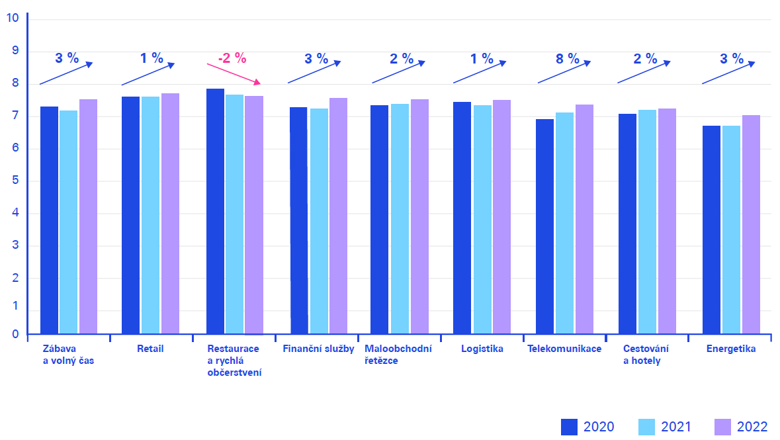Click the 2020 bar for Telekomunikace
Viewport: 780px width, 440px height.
(x=545, y=226)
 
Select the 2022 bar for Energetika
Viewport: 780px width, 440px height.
(x=751, y=224)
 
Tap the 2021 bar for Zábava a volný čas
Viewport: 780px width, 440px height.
(x=69, y=222)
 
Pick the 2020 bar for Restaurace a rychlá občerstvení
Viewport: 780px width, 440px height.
(x=215, y=211)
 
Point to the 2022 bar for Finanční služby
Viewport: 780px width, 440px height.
(x=338, y=216)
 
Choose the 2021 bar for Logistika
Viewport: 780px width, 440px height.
(x=482, y=219)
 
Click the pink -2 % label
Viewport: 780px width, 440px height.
(x=232, y=58)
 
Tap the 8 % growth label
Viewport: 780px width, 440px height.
(x=567, y=58)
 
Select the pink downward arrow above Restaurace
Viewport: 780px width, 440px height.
(x=234, y=73)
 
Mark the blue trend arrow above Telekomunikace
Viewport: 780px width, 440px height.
(x=563, y=73)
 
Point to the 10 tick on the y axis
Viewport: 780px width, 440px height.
(x=12, y=18)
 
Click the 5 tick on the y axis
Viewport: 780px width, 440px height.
(x=15, y=181)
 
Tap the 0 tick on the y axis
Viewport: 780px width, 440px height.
(x=15, y=335)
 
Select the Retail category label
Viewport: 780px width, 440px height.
(x=150, y=349)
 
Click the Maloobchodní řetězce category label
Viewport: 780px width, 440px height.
(x=398, y=355)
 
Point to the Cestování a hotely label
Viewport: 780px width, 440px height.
(x=646, y=355)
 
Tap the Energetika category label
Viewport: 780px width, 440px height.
(x=730, y=349)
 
